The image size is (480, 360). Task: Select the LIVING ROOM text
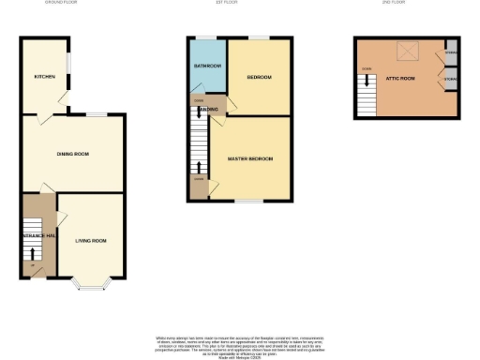(91, 241)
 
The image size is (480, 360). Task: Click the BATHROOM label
(207, 67)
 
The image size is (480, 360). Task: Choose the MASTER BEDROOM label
(250, 159)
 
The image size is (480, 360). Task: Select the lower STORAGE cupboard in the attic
(451, 81)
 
